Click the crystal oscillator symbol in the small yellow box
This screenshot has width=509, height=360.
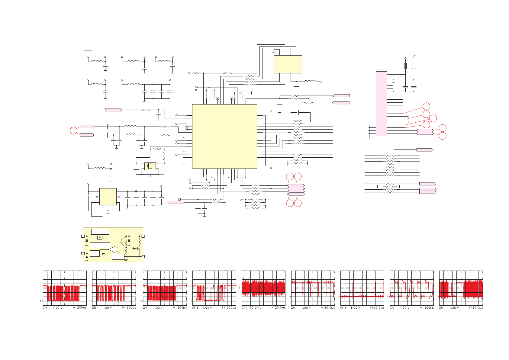pos(150,166)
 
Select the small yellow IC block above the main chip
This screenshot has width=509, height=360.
pos(288,64)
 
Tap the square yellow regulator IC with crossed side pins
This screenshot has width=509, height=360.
pos(108,197)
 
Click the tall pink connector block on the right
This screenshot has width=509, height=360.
pos(381,104)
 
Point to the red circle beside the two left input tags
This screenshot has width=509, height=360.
pos(73,131)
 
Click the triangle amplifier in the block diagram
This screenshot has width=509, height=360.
pos(112,249)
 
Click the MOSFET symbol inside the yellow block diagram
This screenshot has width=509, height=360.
pos(138,249)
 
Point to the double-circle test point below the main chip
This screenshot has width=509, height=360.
pos(180,200)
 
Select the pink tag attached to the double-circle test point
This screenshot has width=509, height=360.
pos(175,202)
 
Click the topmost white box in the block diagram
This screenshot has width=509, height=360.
pos(100,232)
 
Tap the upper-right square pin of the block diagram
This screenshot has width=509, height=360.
pos(143,236)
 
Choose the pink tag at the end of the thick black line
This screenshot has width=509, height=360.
pos(425,150)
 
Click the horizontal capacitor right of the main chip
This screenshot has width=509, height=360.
pos(298,113)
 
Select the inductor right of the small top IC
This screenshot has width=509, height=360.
pos(310,81)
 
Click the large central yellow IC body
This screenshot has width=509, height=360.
pos(224,136)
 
